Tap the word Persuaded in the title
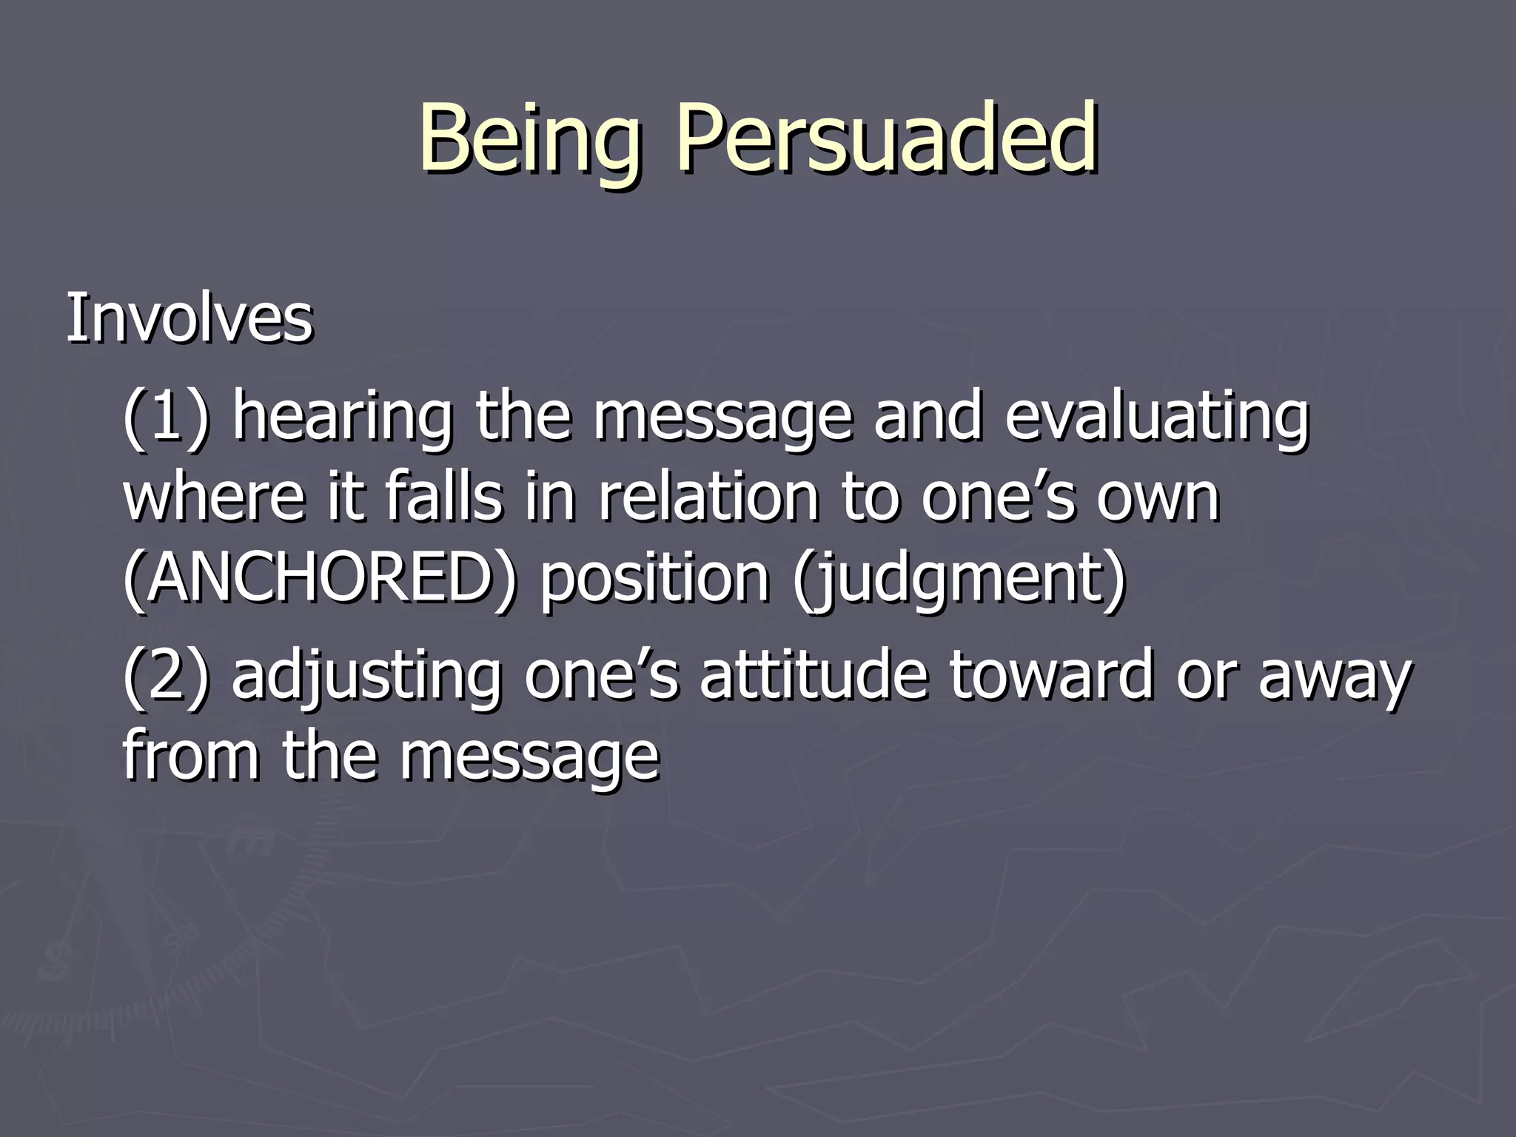coord(885,138)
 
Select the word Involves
coord(189,319)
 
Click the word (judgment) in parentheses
coord(959,581)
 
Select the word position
coord(654,581)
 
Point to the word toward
coord(1051,675)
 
